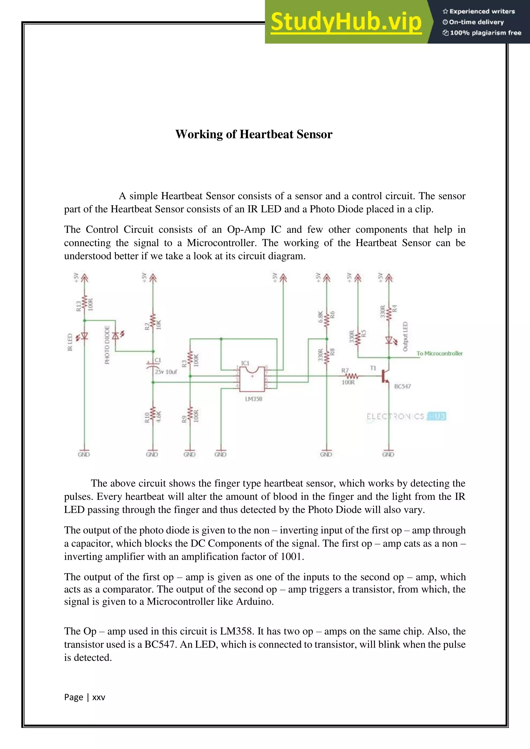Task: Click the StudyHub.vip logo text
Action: pyautogui.click(x=346, y=22)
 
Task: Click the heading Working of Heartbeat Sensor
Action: pyautogui.click(x=254, y=134)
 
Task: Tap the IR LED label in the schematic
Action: pyautogui.click(x=70, y=342)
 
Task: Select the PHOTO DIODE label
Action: pyautogui.click(x=107, y=345)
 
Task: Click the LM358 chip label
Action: pyautogui.click(x=254, y=399)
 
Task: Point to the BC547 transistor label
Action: pyautogui.click(x=402, y=386)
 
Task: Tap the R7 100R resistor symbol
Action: pyautogui.click(x=351, y=376)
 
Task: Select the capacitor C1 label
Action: pyautogui.click(x=158, y=360)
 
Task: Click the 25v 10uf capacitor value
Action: pyautogui.click(x=166, y=372)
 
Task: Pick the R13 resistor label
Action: pyautogui.click(x=78, y=306)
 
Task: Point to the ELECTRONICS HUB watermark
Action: pyautogui.click(x=406, y=416)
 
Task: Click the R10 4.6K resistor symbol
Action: pyautogui.click(x=152, y=416)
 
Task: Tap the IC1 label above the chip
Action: pyautogui.click(x=245, y=363)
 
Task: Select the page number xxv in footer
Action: pyautogui.click(x=99, y=697)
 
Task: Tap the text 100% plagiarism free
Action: pyautogui.click(x=485, y=33)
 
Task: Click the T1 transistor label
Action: pyautogui.click(x=373, y=368)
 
